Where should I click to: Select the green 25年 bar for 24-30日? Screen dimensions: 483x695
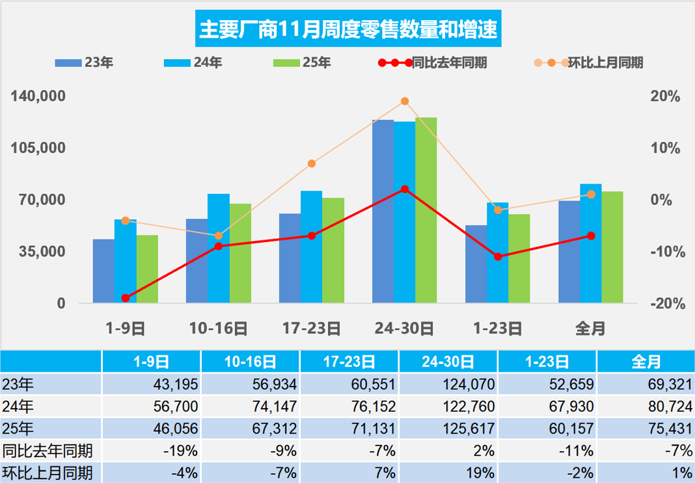[426, 210]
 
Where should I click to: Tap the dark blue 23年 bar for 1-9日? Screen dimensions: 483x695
[103, 271]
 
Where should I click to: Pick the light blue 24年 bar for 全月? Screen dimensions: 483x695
[591, 243]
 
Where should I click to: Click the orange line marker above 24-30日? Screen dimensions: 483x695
[405, 101]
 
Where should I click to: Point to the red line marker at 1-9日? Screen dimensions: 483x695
[126, 298]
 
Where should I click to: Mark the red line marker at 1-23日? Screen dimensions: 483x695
[498, 256]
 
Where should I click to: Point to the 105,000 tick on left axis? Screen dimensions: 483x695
[40, 148]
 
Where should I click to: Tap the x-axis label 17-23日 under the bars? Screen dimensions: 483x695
[311, 329]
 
